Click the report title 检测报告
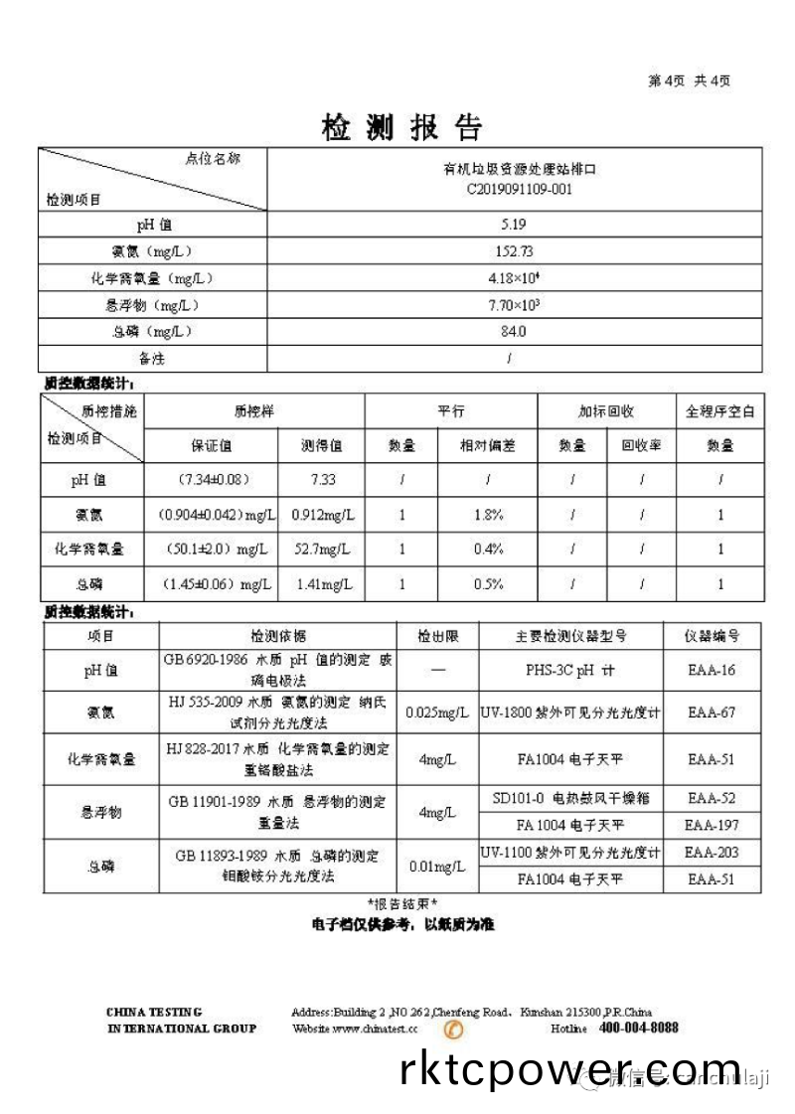tap(401, 127)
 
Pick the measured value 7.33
tap(323, 480)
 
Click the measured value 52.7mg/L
tap(323, 549)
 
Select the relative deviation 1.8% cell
tap(489, 515)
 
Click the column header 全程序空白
tap(720, 411)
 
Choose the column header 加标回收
tap(606, 411)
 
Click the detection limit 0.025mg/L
tap(437, 713)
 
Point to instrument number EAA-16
tap(712, 671)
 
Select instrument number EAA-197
tap(712, 825)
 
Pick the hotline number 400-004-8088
tap(639, 1028)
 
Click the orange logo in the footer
tap(453, 1030)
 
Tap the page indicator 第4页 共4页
tap(689, 81)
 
